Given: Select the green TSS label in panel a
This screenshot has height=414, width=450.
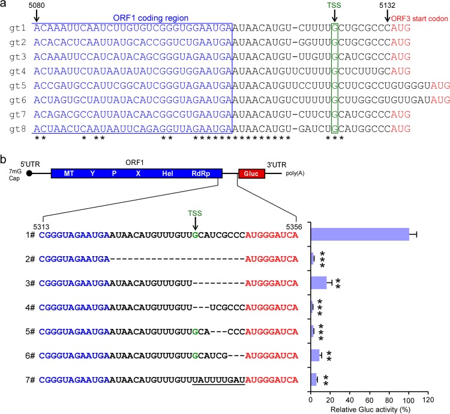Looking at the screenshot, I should (x=334, y=8).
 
